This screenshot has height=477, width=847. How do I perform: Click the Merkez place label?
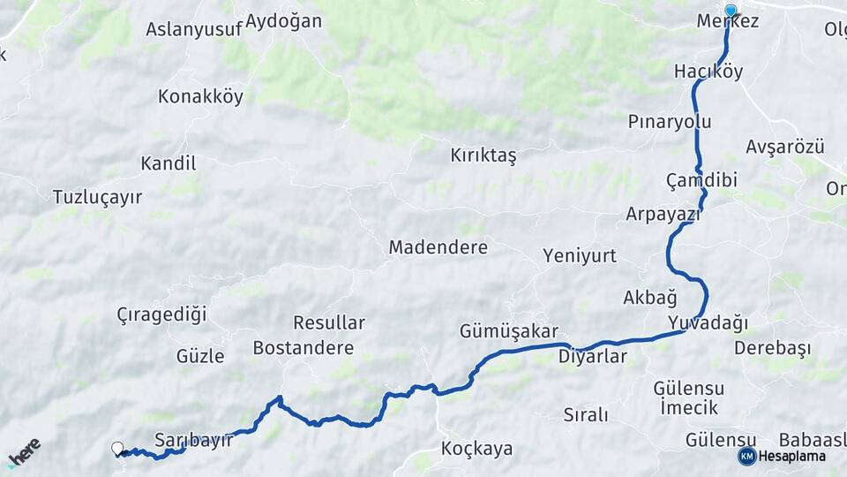(727, 21)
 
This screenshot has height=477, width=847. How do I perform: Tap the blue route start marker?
(731, 11)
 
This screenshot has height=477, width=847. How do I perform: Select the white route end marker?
(117, 449)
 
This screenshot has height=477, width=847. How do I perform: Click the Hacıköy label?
(708, 72)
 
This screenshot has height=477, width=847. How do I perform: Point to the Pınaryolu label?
(670, 121)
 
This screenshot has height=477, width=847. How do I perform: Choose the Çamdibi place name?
(701, 179)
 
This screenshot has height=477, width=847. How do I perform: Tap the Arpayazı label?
(663, 214)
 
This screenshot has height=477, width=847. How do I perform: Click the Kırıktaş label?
(483, 155)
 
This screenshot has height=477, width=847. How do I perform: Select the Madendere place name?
(438, 247)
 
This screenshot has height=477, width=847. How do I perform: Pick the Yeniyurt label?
(580, 255)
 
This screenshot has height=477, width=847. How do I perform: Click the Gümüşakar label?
(508, 331)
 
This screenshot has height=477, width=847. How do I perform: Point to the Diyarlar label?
(592, 357)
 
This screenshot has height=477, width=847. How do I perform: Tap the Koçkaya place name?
(476, 449)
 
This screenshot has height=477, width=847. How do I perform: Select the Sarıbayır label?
(193, 439)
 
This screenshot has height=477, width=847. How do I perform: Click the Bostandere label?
(303, 348)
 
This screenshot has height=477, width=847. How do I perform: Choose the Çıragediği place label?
(161, 314)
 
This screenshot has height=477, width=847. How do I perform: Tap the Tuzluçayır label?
(97, 197)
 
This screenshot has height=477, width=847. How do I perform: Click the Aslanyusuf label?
(193, 28)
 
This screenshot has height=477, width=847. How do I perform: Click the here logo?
(24, 452)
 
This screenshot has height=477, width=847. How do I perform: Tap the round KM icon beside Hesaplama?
(747, 456)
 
